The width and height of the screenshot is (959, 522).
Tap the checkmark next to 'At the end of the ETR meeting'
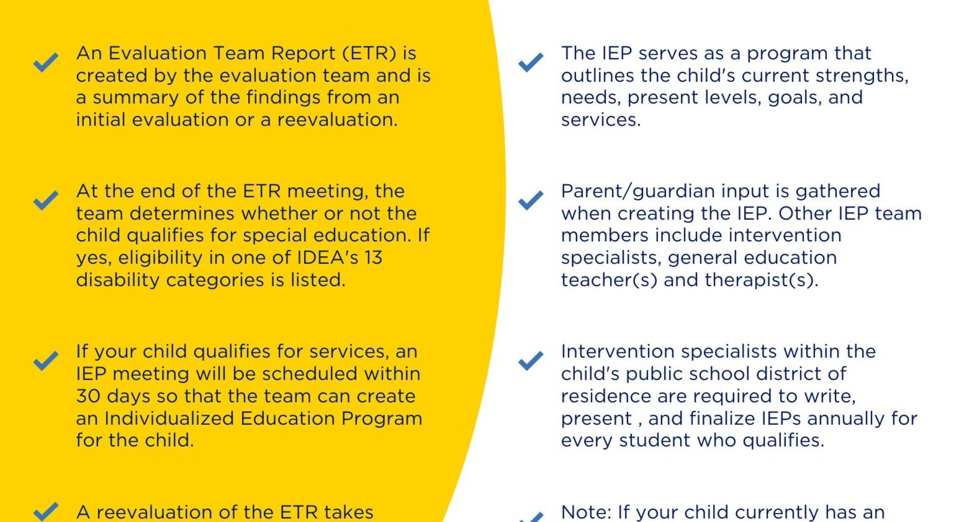click(x=46, y=200)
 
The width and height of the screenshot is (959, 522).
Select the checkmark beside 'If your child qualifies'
click(x=46, y=361)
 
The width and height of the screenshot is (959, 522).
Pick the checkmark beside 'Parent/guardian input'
click(x=530, y=200)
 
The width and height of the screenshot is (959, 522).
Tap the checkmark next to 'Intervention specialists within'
click(x=530, y=361)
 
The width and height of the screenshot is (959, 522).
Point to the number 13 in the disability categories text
click(x=373, y=258)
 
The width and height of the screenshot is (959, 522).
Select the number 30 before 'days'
click(x=88, y=397)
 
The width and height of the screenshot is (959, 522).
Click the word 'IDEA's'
click(x=327, y=258)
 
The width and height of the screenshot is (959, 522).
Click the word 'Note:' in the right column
click(x=586, y=512)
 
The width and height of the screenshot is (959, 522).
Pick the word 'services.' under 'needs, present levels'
click(x=601, y=120)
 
